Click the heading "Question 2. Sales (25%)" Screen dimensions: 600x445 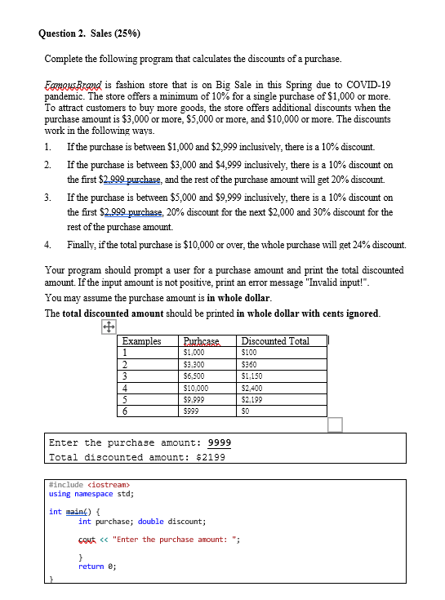[x=89, y=33]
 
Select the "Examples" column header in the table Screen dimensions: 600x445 [x=142, y=341]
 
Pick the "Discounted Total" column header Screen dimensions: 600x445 [x=277, y=341]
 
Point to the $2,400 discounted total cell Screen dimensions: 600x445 [x=253, y=389]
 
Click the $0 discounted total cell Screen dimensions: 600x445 [x=245, y=412]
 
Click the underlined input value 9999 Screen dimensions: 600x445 [x=220, y=442]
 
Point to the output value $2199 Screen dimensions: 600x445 [x=209, y=457]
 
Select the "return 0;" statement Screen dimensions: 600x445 [x=97, y=565]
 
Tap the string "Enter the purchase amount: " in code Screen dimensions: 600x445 [x=171, y=539]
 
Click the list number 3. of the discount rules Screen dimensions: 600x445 [x=49, y=198]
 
